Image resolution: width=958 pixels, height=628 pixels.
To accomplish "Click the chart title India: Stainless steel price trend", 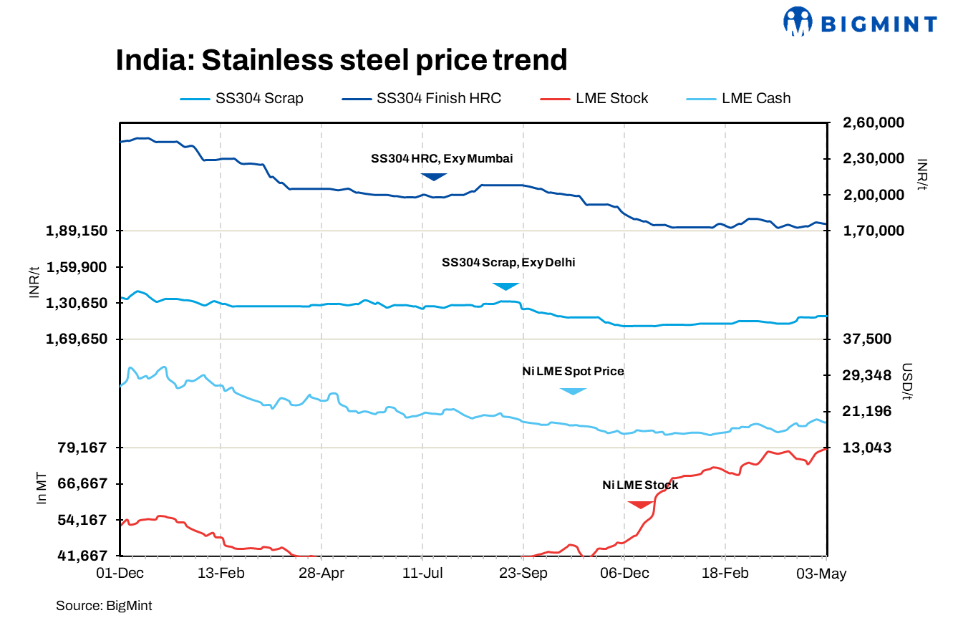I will coord(342,60).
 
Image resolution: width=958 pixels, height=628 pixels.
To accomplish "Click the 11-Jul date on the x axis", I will coord(422,574).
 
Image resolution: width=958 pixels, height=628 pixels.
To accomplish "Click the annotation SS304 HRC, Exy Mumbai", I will coord(441,159).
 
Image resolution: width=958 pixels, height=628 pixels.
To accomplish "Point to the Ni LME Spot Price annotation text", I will coord(573,372).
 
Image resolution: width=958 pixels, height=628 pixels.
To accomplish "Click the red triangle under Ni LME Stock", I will coord(641,504).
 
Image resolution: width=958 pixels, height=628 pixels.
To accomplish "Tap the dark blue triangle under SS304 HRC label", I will coord(433,176).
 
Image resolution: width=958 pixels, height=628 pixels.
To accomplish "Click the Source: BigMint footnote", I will coord(104,606).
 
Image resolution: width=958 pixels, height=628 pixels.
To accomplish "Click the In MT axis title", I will coord(42,489).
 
